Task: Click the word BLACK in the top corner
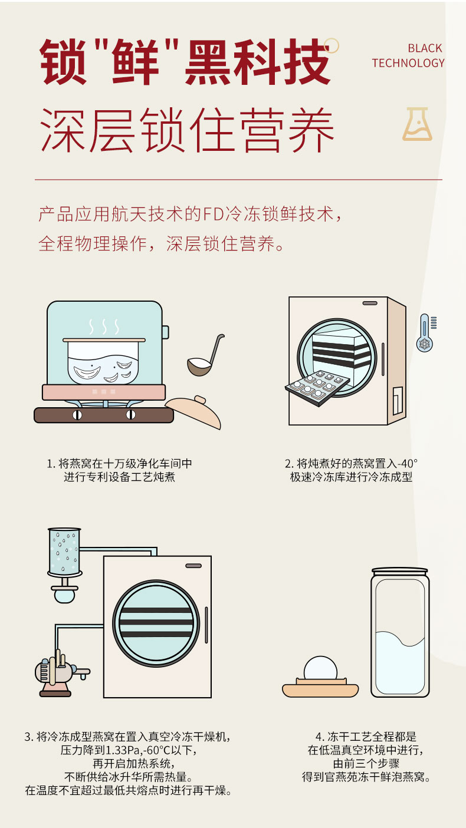(425, 48)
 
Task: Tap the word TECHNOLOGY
(408, 63)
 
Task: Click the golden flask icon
(417, 124)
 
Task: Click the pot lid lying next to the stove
(193, 411)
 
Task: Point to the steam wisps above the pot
(104, 326)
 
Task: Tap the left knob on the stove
(77, 415)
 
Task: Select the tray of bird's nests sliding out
(317, 387)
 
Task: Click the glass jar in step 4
(400, 632)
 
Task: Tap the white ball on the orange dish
(320, 669)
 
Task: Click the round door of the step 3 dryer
(156, 624)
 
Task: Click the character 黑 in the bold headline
(209, 62)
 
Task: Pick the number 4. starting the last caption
(320, 737)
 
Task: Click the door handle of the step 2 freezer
(383, 359)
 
